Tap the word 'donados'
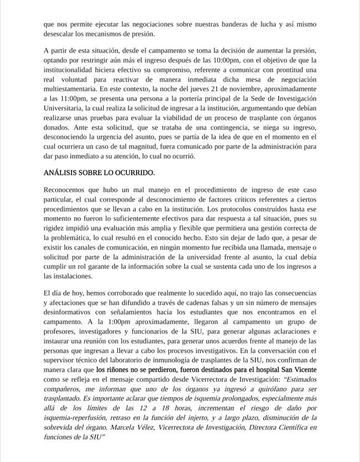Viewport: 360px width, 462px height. pyautogui.click(x=57, y=128)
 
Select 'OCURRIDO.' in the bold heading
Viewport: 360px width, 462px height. pyautogui.click(x=137, y=173)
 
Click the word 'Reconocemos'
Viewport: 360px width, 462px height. pyautogui.click(x=67, y=190)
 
